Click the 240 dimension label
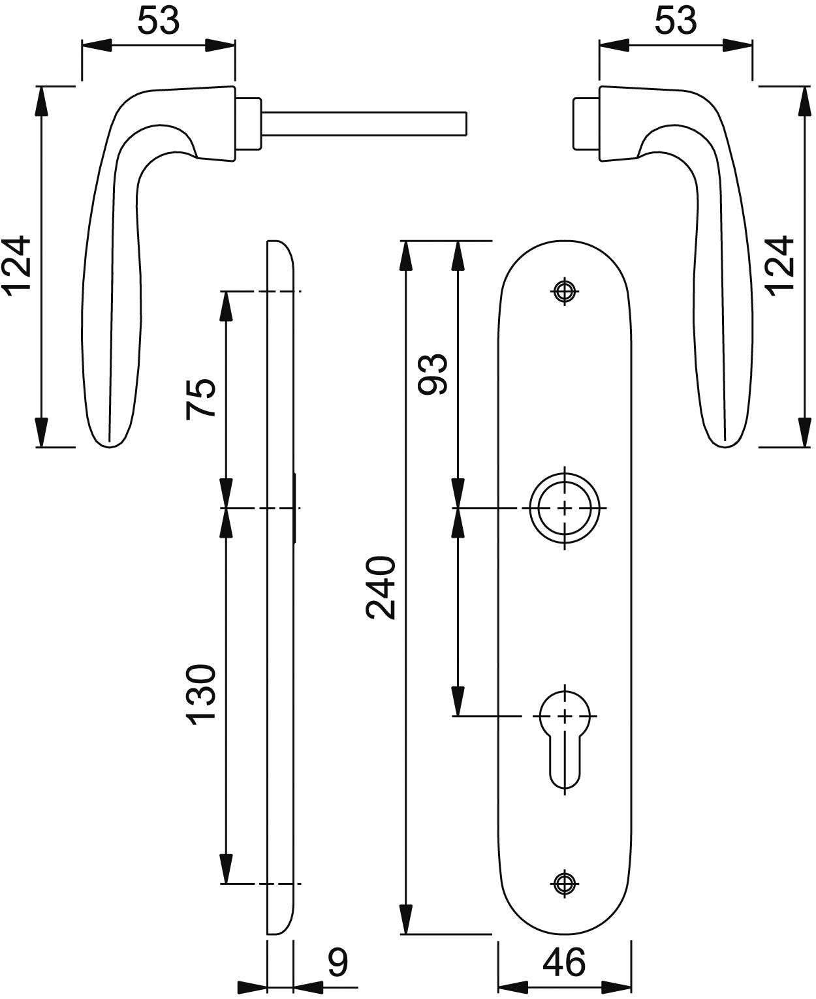click(381, 588)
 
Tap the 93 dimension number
click(433, 374)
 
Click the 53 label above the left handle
click(159, 21)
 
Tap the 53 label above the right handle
click(676, 21)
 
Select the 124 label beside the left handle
click(16, 266)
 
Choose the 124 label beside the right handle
click(779, 266)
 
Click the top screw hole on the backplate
click(565, 291)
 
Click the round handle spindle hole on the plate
click(565, 508)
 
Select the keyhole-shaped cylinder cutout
click(565, 741)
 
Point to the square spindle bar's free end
click(466, 124)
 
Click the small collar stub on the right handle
click(587, 124)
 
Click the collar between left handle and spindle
click(248, 124)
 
